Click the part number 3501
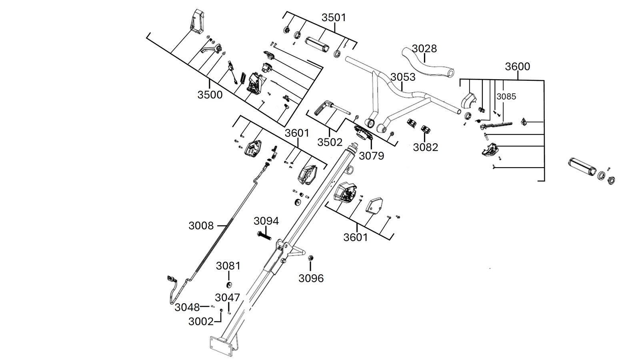tap(334, 18)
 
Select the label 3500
tap(210, 95)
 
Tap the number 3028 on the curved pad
tap(424, 48)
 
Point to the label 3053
tap(403, 77)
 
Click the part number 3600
tap(518, 66)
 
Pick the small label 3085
tap(506, 96)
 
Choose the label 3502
tap(330, 142)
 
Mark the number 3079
tap(372, 156)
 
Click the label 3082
tap(426, 148)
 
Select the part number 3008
tap(201, 226)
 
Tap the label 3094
tap(266, 221)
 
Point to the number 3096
tap(311, 278)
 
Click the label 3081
tap(228, 266)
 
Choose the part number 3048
tap(187, 308)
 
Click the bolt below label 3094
tap(264, 236)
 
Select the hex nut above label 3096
tap(311, 258)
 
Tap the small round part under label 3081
tap(228, 285)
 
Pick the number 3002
tap(201, 322)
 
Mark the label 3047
tap(228, 298)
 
